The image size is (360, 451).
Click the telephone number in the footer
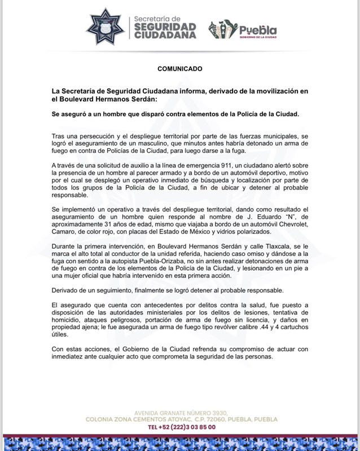(181, 427)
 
